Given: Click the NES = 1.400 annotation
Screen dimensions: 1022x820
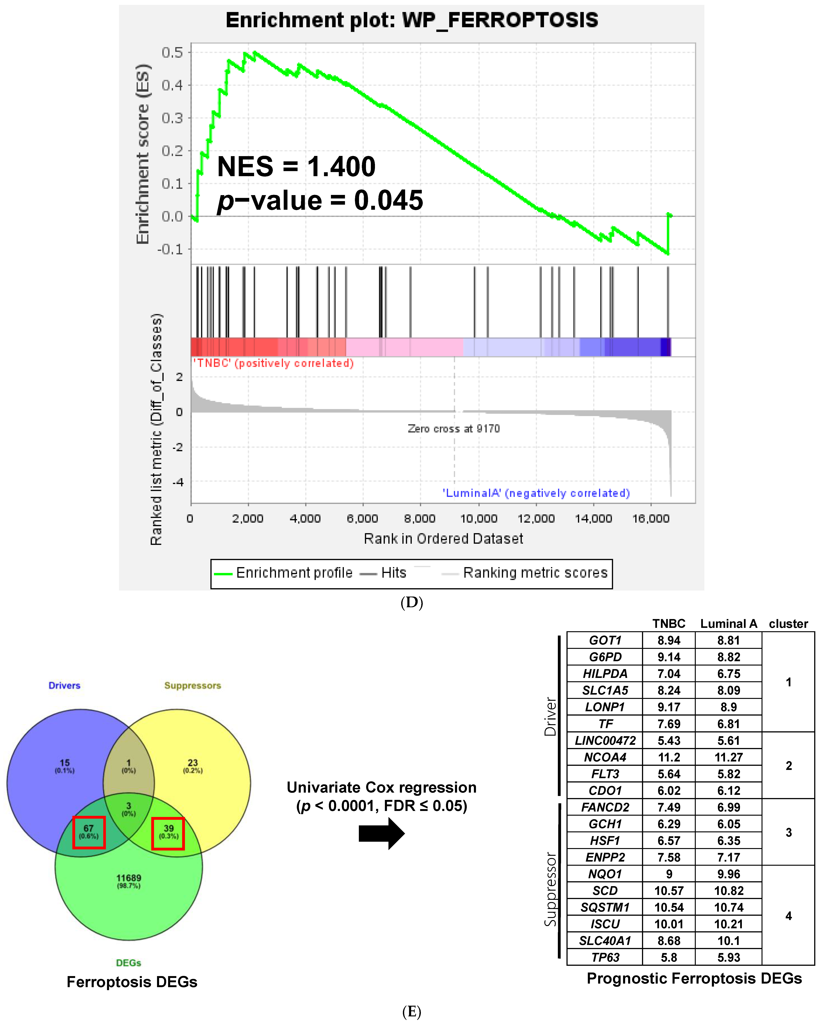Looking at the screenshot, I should click(296, 167).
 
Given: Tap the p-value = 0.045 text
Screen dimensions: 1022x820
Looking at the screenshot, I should click(320, 201).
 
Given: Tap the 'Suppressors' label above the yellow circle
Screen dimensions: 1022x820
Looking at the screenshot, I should click(192, 685).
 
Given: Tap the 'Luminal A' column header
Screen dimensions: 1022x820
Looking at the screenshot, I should click(729, 624).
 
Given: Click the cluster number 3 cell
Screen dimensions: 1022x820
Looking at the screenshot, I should click(788, 832).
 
